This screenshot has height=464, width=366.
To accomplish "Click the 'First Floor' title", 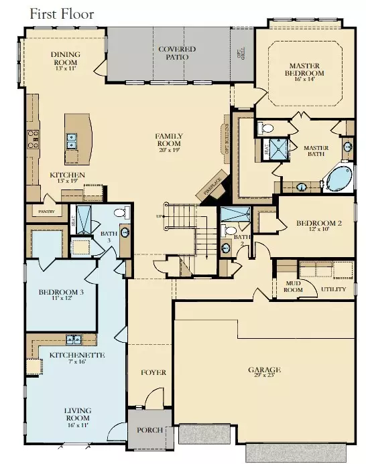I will point(62,13).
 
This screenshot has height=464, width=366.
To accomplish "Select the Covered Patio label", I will point(177,53).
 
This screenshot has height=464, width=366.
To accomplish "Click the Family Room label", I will point(170,140).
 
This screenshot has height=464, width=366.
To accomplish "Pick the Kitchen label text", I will point(68,175).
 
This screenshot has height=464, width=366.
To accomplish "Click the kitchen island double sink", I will point(70,141).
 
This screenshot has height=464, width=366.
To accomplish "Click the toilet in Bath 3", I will point(121,214).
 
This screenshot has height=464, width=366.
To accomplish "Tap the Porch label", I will point(148,431).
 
